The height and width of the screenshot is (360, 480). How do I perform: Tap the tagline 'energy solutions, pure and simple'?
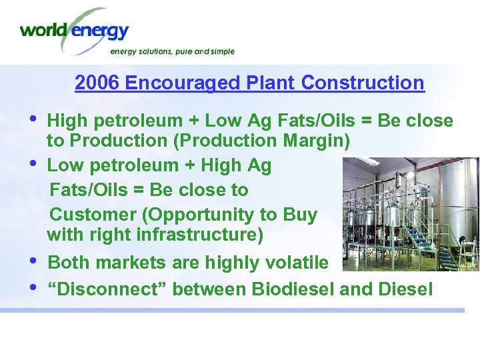[172, 51]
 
